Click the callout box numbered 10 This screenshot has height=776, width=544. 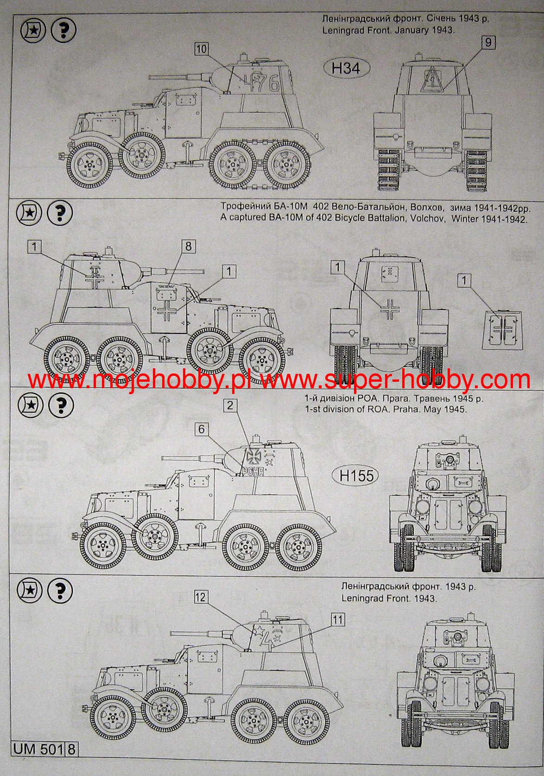click(x=201, y=49)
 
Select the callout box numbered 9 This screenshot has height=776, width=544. click(x=488, y=43)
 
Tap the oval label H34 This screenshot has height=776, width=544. click(x=346, y=69)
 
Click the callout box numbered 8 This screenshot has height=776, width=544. click(x=188, y=246)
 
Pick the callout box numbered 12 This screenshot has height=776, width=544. click(x=201, y=605)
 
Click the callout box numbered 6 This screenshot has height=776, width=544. click(x=202, y=429)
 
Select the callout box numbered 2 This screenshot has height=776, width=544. click(x=231, y=406)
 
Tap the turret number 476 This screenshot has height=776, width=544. click(x=261, y=83)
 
